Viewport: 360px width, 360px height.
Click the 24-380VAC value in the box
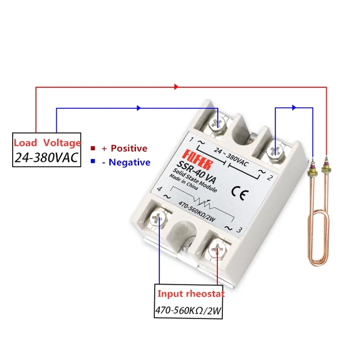click(x=46, y=157)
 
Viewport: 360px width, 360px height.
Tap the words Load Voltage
click(x=47, y=143)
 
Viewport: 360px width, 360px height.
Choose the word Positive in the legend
click(x=129, y=148)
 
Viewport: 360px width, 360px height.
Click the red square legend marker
click(x=93, y=148)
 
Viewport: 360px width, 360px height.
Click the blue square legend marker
click(x=93, y=161)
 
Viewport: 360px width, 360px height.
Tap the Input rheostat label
click(x=190, y=294)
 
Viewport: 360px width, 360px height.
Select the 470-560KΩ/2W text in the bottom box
click(x=189, y=310)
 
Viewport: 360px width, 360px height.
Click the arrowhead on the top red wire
click(x=176, y=86)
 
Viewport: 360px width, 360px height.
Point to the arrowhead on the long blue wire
click(x=139, y=108)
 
